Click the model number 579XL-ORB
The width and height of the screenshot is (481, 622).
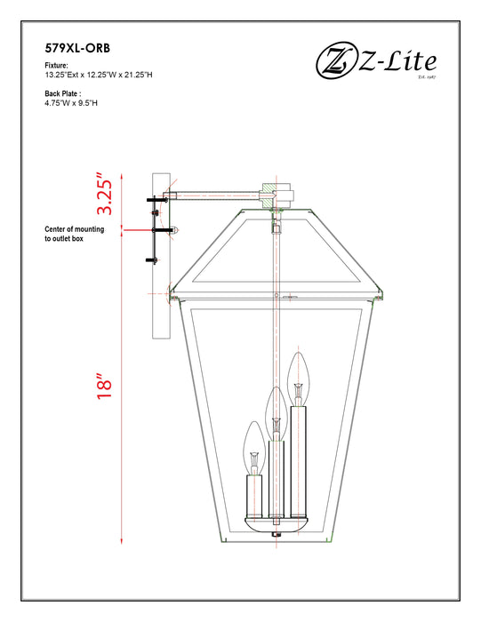tap(77, 49)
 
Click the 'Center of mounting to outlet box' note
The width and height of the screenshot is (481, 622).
tap(75, 234)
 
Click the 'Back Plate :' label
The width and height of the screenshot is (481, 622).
tap(62, 93)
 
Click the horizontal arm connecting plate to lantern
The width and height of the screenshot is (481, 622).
tap(218, 194)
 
